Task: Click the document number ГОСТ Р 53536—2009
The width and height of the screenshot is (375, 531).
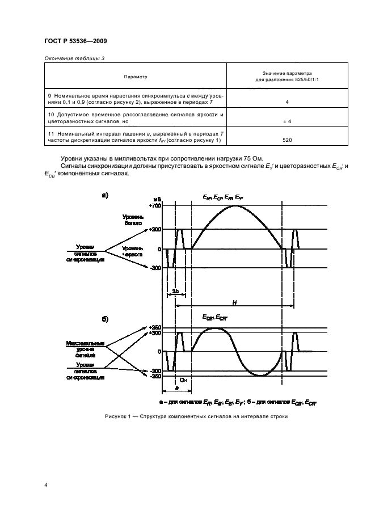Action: point(75,40)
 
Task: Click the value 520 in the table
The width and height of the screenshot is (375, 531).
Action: point(288,139)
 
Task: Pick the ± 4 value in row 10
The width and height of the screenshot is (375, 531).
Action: point(288,121)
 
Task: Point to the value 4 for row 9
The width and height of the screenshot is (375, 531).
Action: point(288,103)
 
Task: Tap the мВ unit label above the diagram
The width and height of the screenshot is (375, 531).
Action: point(157,198)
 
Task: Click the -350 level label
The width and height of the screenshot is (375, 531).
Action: point(155,376)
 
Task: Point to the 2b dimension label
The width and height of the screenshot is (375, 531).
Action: point(176,292)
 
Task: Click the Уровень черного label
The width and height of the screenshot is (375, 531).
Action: point(132,252)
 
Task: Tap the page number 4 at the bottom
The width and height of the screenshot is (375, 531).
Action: point(45,486)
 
